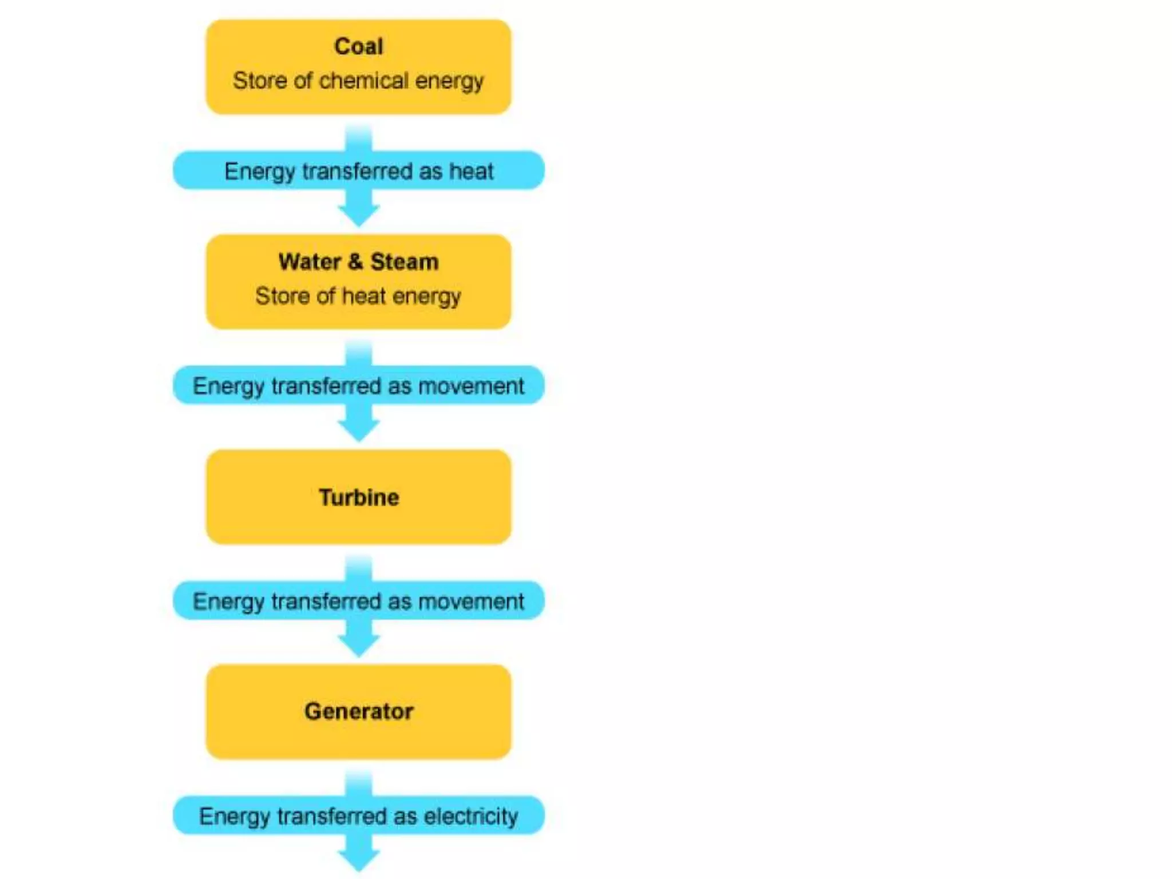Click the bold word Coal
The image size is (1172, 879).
pos(358,46)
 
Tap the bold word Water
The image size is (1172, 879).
pos(309,262)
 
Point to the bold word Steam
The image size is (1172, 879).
pos(404,262)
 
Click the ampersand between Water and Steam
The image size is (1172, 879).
pos(355,262)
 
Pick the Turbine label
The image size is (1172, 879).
pos(359,497)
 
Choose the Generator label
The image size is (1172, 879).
pos(359,711)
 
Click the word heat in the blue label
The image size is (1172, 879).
pos(471,171)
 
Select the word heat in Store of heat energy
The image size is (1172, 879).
pos(363,296)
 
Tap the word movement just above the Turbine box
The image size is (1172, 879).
pos(471,386)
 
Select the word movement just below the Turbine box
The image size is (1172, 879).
pos(471,601)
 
